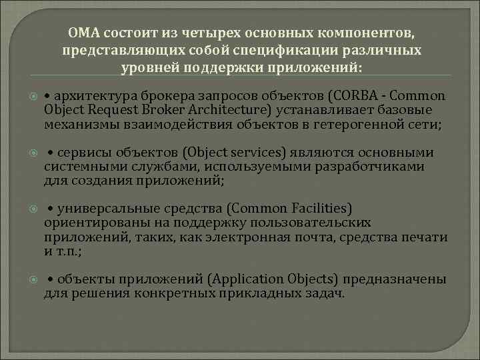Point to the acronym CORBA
[363, 95]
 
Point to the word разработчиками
[379, 168]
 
